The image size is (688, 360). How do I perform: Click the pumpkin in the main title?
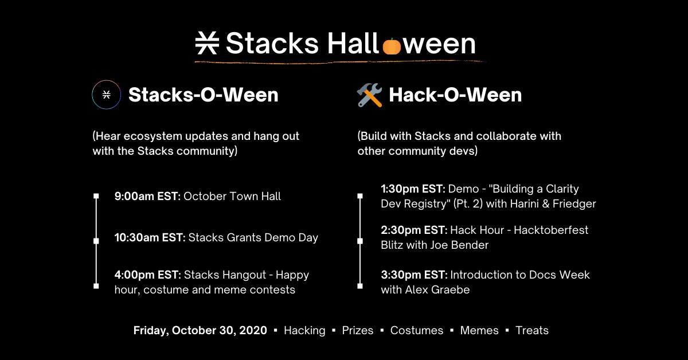coord(392,45)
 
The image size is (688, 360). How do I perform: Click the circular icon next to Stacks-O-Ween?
coord(107,95)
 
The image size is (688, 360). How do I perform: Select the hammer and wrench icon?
coord(369,95)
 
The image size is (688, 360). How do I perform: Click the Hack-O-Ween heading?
coord(455,95)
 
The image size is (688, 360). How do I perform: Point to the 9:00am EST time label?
coord(147,197)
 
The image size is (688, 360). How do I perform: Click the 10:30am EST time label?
coord(150,237)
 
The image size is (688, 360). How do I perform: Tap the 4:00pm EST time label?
coord(148,275)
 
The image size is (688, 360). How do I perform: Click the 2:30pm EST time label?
coord(414,230)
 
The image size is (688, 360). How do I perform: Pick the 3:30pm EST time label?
coord(414,275)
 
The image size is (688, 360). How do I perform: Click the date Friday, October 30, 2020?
coord(200,331)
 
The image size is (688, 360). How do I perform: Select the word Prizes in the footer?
coord(358,331)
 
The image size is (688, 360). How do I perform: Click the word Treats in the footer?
coord(532,331)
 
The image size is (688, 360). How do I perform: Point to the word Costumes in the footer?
coord(417,331)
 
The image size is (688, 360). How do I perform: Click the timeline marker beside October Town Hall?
coord(96,197)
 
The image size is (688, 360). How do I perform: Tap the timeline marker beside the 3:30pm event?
coord(360,285)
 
